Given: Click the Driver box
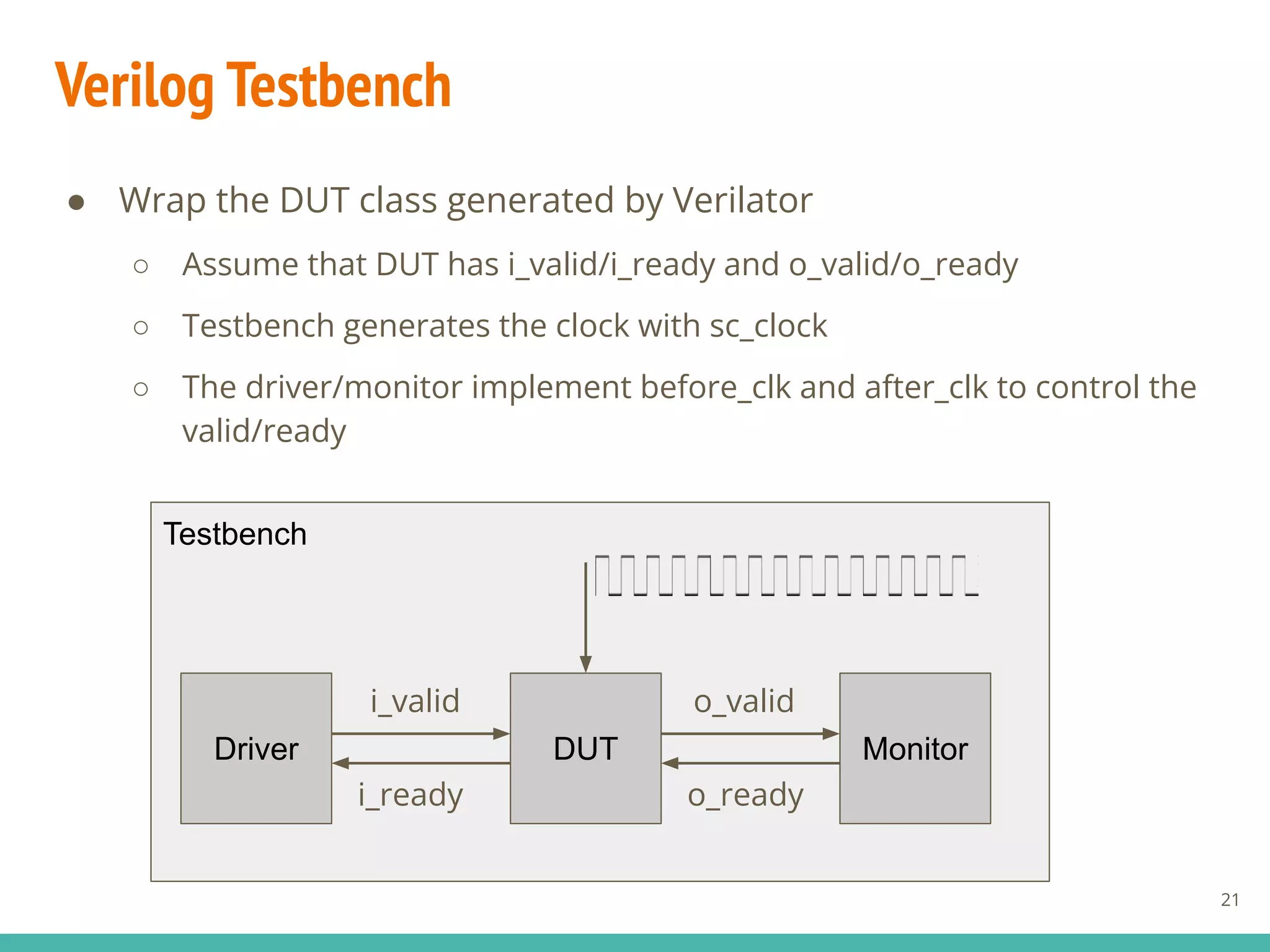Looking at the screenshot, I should coord(256,748).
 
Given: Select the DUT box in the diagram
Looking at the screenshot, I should coord(585,748).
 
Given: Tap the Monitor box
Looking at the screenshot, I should coord(915,748).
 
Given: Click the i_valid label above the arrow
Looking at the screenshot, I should coord(415,701).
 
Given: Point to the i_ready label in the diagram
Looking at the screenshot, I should coord(411,795).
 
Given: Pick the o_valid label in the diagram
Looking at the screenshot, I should coord(744,701).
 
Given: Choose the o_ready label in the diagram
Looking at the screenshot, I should coord(745,795).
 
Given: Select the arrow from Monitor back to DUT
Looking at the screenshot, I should coord(750,763).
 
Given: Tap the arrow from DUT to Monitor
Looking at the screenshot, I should coord(750,734).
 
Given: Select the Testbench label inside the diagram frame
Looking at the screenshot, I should coord(235,534).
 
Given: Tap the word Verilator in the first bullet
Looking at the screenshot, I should coord(742,200).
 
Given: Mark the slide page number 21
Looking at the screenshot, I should coord(1230,899).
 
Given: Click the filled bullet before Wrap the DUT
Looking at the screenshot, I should coord(77,202).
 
